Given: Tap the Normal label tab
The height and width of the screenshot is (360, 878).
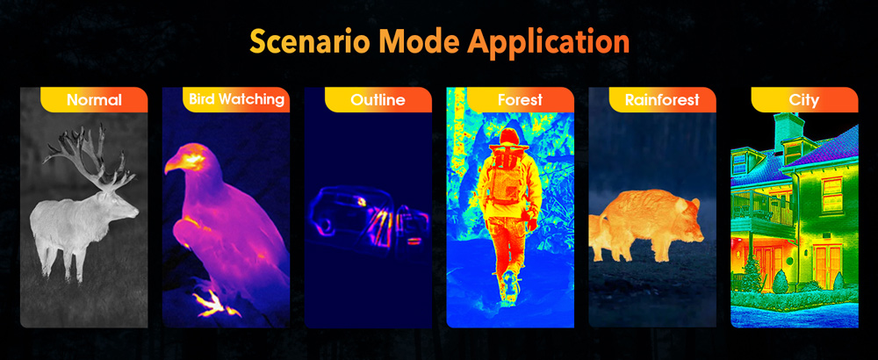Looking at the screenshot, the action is click(x=94, y=100).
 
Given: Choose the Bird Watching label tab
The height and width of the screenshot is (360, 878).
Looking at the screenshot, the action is click(x=235, y=99).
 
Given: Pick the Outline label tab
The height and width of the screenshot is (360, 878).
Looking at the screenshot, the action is click(x=378, y=100).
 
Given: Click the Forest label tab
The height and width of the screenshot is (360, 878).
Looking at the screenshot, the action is click(x=520, y=100).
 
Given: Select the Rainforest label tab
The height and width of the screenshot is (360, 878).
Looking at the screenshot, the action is click(x=662, y=100).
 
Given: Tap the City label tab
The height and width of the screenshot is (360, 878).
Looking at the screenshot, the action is click(x=804, y=100).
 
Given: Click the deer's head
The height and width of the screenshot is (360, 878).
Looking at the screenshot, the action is click(x=122, y=205).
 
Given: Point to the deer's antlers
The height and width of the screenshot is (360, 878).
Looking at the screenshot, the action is click(x=90, y=157).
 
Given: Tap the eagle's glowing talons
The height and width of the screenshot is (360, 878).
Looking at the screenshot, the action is click(x=211, y=303).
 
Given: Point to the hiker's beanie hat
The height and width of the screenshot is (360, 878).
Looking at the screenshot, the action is click(x=509, y=137).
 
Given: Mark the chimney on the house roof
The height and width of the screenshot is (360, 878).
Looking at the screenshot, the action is click(x=789, y=125).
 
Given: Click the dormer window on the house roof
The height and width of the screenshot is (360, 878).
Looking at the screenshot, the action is click(x=793, y=151).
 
